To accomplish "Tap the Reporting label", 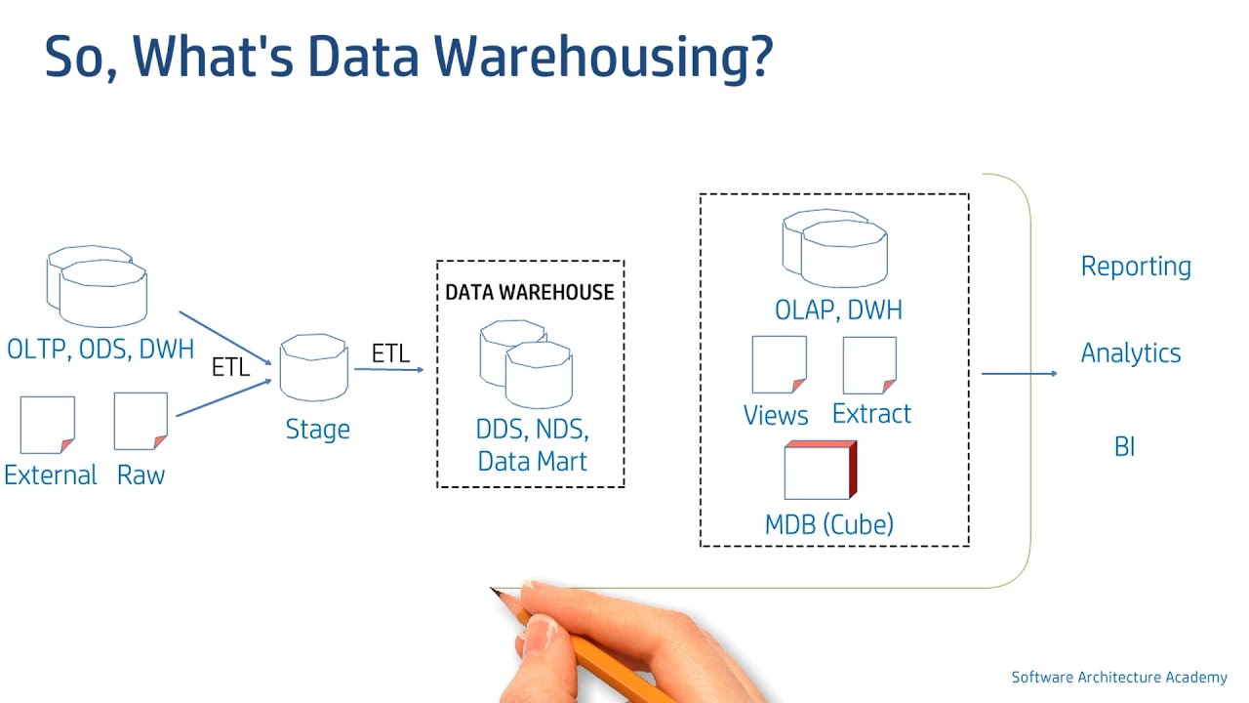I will pos(1135,267).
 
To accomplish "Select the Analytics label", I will pos(1130,353).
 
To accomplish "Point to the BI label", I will pos(1124,447).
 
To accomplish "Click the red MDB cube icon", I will pos(820,471).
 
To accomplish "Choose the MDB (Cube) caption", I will pos(828,524).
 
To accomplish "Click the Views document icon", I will pos(779,364).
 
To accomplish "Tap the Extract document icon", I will pos(869,364).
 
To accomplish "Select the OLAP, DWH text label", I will pos(838,310).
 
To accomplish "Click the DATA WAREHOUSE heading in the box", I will pos(530,292).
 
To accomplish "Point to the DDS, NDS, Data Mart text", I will pos(532,445).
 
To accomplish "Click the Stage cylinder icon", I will pos(313,369).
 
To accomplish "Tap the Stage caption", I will pos(317,430).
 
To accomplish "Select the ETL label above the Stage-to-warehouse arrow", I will pos(390,353).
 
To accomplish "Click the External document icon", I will pos(47,425).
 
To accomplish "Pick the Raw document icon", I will pos(141,421).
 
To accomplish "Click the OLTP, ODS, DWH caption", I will pos(100,349).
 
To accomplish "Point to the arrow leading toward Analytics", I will pos(1018,373).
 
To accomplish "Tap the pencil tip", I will pos(495,591).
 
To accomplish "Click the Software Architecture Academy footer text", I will pos(1118,678).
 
